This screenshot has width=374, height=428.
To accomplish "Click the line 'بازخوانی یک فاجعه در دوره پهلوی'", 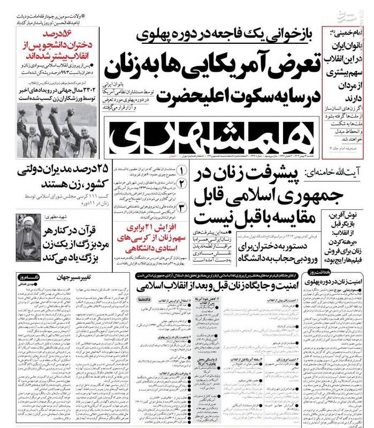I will click(x=220, y=35).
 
